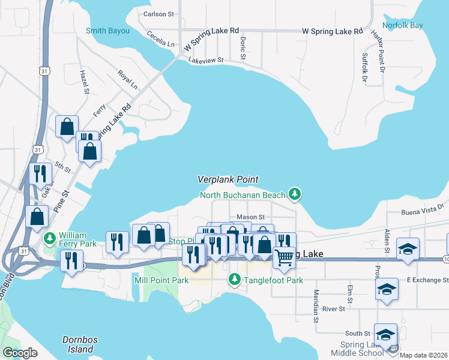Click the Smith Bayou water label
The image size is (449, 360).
(108, 30)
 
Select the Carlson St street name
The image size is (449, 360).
(158, 13)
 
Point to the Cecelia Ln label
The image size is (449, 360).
(160, 40)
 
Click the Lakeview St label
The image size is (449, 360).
(205, 60)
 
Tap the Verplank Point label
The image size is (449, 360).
(228, 179)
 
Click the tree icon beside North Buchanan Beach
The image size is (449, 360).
(294, 193)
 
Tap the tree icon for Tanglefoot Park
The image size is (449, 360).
(234, 280)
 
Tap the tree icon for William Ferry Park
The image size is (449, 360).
(50, 239)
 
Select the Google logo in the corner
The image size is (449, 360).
(20, 353)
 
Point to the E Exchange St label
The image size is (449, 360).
(427, 280)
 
